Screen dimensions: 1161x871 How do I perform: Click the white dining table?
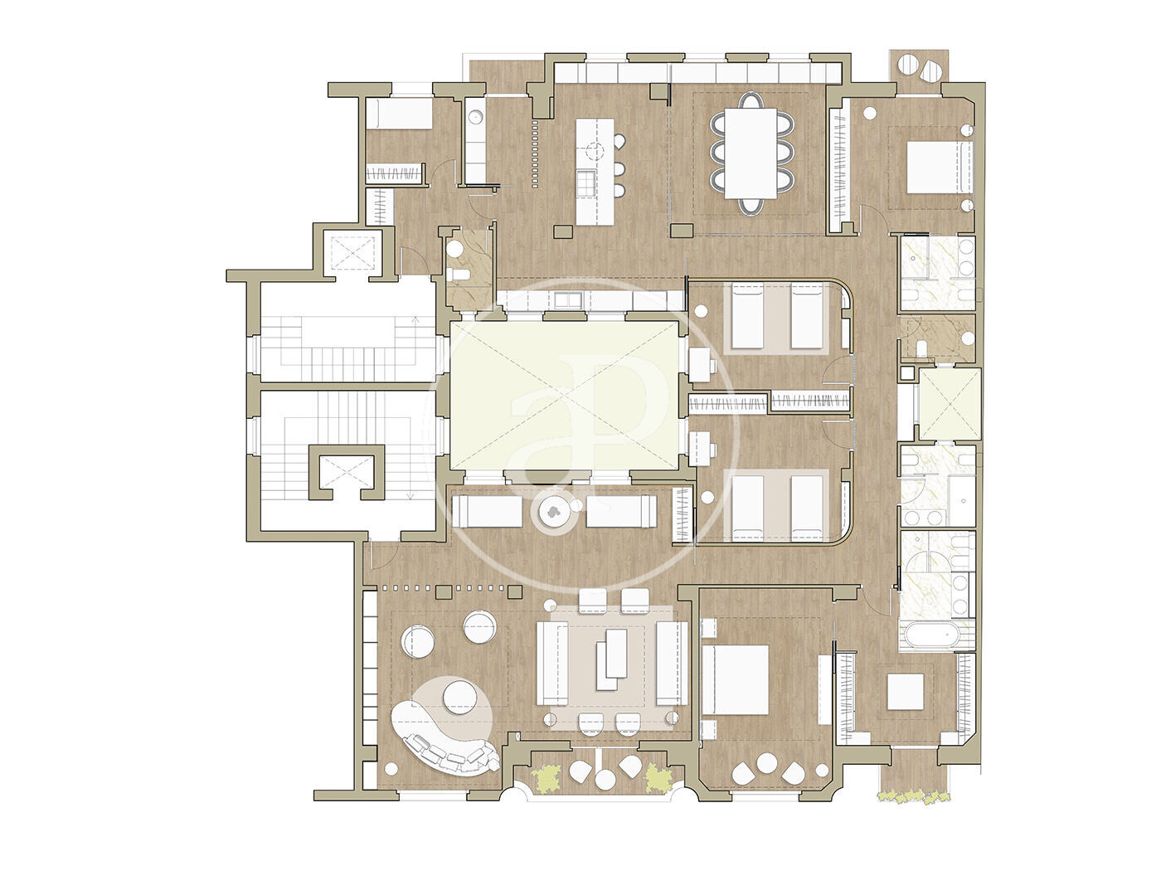[x=751, y=153]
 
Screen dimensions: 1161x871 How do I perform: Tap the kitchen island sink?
[x=585, y=183]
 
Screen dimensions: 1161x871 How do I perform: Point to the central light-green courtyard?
[x=565, y=396]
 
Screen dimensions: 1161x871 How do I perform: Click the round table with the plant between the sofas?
[x=554, y=511]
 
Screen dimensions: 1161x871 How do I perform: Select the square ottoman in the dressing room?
[x=906, y=691]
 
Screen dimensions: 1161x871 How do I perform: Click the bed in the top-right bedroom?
[x=940, y=167]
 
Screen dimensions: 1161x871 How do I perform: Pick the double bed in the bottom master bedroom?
[x=736, y=679]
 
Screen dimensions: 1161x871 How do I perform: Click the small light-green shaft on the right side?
[x=950, y=403]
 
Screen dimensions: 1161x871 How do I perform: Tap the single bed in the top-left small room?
[x=400, y=114]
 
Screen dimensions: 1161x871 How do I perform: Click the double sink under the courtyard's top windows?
[x=568, y=300]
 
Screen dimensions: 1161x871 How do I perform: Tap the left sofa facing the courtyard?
[x=487, y=511]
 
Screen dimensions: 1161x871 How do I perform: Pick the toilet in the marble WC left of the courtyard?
[x=456, y=275]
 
